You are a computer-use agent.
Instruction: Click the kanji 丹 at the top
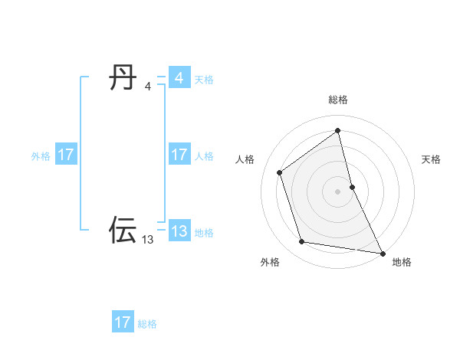coord(123,77)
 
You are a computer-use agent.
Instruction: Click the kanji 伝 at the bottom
coord(123,230)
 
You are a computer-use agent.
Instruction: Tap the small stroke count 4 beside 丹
coord(147,87)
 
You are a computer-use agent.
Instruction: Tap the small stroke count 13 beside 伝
coord(147,240)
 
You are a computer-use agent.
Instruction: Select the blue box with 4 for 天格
coord(179,78)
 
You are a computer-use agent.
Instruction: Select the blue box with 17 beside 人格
coord(179,155)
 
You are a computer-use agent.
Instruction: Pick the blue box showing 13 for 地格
coord(179,231)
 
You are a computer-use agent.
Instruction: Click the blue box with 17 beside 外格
coord(66,155)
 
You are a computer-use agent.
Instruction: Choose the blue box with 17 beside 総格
coord(123,322)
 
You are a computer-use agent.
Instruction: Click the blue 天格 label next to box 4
coord(204,79)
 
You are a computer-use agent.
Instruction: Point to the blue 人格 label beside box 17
coord(204,155)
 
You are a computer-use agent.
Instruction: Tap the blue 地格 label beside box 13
coord(204,232)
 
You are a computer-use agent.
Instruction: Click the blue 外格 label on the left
coord(41,155)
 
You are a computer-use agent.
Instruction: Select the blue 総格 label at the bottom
coord(147,323)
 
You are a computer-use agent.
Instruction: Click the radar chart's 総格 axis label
coord(337,100)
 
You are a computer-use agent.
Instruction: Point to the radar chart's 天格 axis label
coord(431,159)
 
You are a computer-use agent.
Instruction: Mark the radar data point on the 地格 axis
coord(382,253)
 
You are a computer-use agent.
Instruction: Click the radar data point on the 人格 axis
coord(280,172)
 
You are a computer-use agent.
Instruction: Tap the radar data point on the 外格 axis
coord(302,242)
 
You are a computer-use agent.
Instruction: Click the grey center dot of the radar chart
coord(337,191)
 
